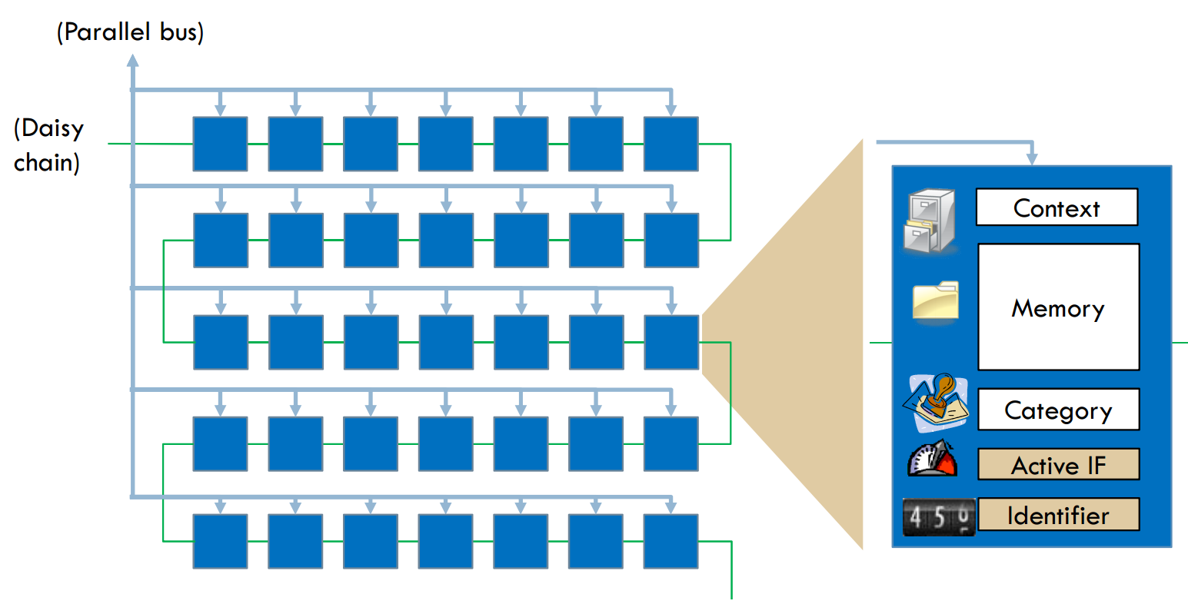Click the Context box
(x=1057, y=207)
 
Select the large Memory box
(x=1058, y=307)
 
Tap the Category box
(x=1058, y=410)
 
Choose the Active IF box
(x=1058, y=465)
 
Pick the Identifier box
(x=1058, y=515)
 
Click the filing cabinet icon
(x=930, y=221)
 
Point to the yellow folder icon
(x=936, y=301)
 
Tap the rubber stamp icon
(x=936, y=402)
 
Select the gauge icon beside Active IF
(x=933, y=460)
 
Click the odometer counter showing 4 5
(x=939, y=517)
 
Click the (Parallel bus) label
(x=130, y=32)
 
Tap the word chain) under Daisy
(x=46, y=163)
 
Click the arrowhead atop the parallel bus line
(x=132, y=59)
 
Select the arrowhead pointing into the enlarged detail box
(x=1031, y=158)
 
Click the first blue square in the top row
(x=220, y=144)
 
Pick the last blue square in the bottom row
(x=671, y=541)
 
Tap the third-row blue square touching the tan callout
(x=671, y=342)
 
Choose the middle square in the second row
(x=446, y=241)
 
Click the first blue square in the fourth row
(x=220, y=443)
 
